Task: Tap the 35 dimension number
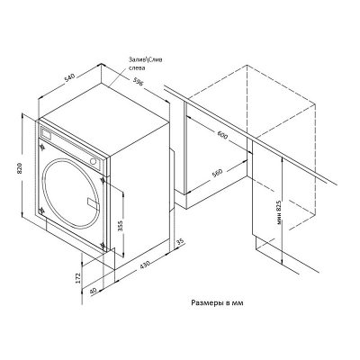(x=180, y=243)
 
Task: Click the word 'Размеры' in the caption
(x=209, y=304)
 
